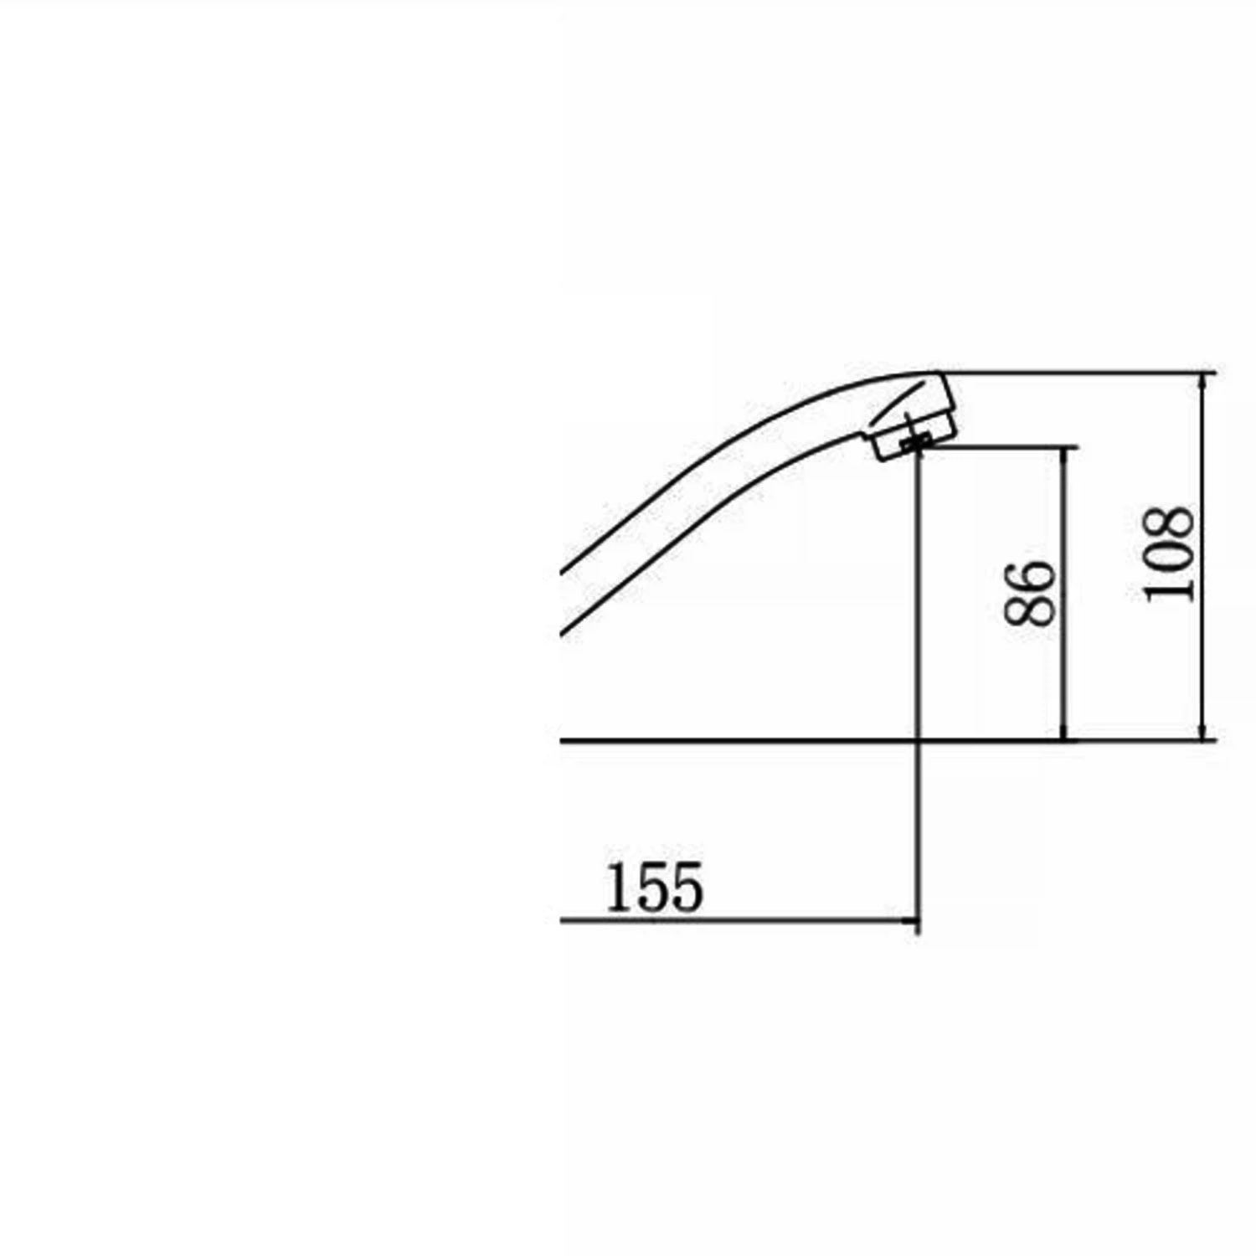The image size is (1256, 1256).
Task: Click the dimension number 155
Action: (x=654, y=887)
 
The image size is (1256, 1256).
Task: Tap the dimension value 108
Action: (x=1168, y=553)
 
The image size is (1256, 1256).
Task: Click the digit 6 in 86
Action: (x=1029, y=576)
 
